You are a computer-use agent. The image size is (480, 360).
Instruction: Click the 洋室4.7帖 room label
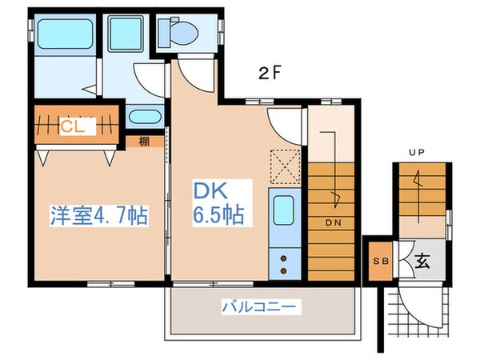click(x=98, y=216)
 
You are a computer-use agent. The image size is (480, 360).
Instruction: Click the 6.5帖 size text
click(x=217, y=217)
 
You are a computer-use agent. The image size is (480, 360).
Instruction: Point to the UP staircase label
click(x=416, y=150)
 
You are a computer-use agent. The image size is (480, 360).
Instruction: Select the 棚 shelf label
click(x=142, y=142)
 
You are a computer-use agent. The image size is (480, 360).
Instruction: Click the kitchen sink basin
click(x=283, y=211)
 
